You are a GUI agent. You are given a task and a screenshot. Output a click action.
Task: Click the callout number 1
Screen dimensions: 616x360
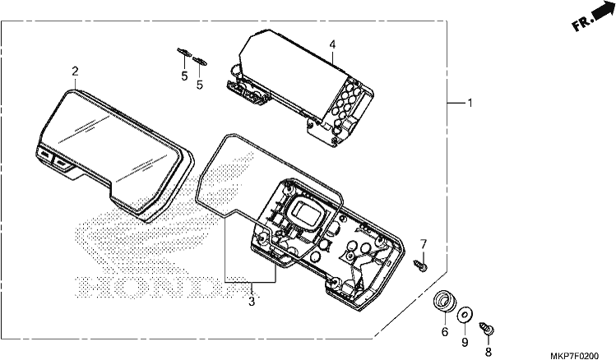click(470, 103)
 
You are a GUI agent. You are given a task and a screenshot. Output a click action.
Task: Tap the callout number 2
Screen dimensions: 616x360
click(75, 72)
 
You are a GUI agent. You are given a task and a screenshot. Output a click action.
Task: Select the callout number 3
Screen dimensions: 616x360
click(252, 302)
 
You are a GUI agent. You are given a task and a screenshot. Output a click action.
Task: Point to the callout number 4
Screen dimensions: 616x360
click(332, 44)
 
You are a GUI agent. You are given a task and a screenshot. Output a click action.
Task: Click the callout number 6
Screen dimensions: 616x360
click(445, 332)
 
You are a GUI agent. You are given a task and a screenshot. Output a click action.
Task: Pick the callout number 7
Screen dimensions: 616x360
click(423, 244)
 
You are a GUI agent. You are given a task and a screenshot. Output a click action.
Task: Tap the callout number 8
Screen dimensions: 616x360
click(489, 352)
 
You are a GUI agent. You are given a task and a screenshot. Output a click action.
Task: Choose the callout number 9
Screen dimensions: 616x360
click(465, 343)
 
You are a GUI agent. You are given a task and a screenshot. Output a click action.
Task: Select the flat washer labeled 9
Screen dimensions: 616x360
click(465, 315)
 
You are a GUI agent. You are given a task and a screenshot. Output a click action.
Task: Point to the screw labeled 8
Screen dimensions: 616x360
click(487, 329)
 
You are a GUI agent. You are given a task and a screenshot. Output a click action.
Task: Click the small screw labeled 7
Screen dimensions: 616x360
click(421, 265)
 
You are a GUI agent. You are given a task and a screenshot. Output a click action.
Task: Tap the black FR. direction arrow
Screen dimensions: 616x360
click(603, 10)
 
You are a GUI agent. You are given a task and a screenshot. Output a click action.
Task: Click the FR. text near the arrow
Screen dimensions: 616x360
click(581, 24)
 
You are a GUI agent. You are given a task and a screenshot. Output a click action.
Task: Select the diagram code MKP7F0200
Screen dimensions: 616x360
click(574, 356)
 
